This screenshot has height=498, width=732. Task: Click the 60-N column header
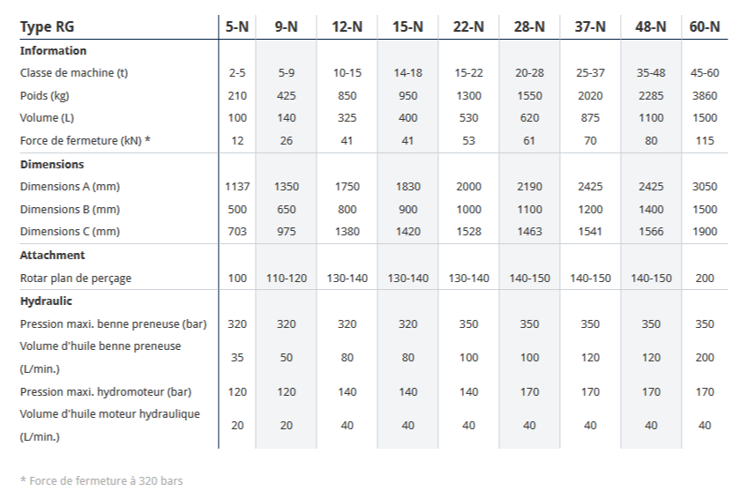705,26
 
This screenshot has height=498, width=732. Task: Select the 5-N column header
237,26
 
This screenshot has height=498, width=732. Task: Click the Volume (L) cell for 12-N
347,118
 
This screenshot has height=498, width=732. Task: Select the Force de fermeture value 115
705,141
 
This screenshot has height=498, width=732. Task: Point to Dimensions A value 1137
237,187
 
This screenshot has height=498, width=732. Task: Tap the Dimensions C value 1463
529,232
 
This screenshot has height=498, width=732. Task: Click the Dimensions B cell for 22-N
468,210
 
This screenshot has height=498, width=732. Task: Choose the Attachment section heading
53,255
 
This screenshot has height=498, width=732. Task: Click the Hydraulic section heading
46,301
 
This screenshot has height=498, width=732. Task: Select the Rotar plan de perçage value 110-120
287,278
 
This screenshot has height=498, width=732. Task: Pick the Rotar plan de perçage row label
76,278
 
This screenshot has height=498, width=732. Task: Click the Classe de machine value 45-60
705,73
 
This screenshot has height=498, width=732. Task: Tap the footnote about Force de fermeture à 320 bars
101,481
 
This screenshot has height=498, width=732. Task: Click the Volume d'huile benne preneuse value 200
705,358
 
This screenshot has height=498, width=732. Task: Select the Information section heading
53,50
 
